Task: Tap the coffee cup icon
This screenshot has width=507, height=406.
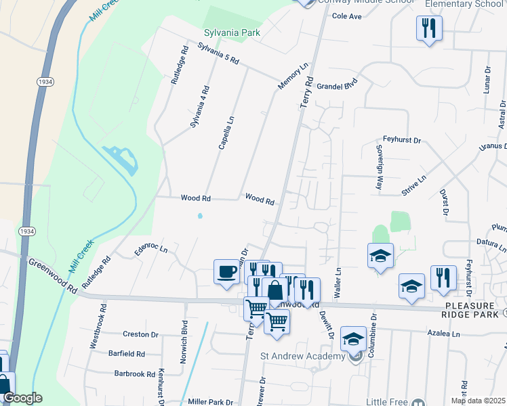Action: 226,272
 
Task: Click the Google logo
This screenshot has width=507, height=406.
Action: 22,398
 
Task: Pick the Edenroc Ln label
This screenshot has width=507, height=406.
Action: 150,250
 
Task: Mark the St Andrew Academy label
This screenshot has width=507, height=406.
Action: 302,357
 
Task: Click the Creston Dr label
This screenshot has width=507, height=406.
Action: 140,334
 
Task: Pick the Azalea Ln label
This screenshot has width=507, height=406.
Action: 443,334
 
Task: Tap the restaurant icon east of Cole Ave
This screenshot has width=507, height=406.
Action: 428,28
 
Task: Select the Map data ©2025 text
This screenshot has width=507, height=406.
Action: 478,401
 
